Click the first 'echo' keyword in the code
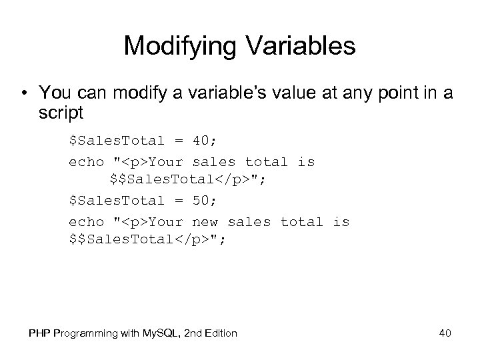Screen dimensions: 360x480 87,161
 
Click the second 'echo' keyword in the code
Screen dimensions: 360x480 87,221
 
